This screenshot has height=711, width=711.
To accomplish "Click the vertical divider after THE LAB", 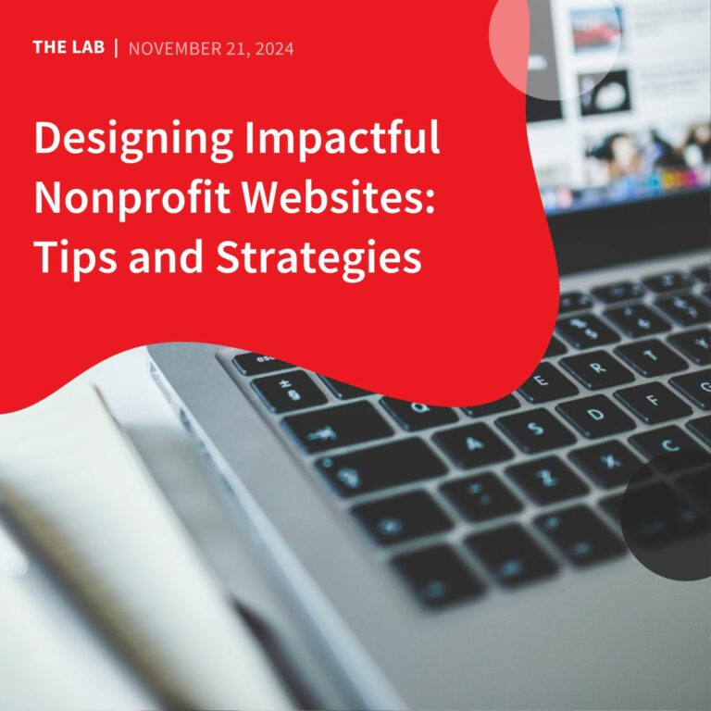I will point(116,47).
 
